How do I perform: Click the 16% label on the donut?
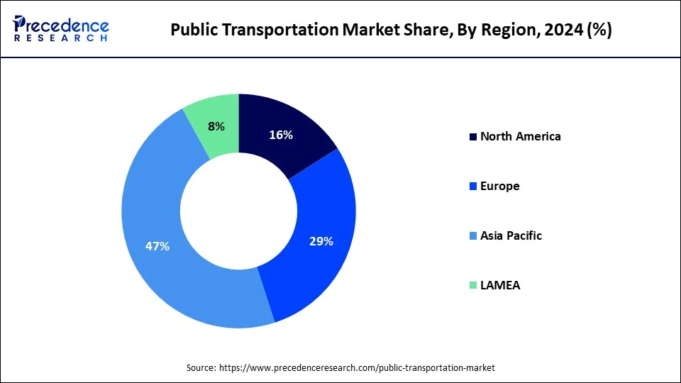pos(281,135)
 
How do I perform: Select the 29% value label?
pos(321,241)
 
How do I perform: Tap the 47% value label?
pos(157,246)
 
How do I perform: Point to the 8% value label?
pos(216,126)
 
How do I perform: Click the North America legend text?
pos(520,136)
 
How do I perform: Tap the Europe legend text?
pos(499,186)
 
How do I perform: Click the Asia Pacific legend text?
pos(511,235)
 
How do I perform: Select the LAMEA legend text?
pos(500,285)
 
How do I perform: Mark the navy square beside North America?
pos(472,137)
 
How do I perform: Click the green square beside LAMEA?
pos(472,286)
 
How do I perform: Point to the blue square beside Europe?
pos(472,187)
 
